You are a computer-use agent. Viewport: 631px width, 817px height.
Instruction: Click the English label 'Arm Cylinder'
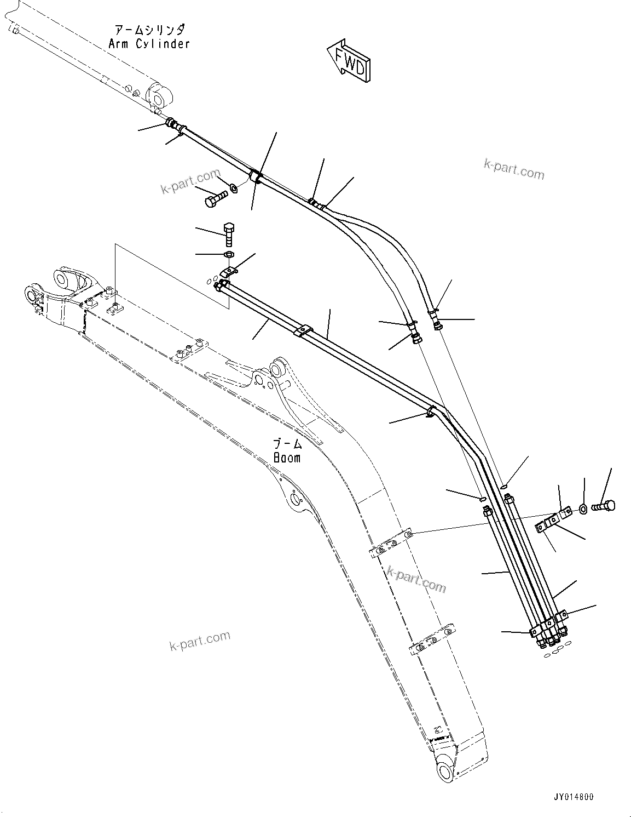point(149,44)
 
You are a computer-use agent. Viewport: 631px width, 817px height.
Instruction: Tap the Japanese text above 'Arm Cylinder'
point(149,30)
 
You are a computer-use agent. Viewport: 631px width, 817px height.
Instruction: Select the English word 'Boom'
point(287,458)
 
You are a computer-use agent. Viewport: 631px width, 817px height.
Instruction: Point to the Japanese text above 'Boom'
point(287,443)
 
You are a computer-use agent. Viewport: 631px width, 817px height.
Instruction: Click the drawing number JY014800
point(572,797)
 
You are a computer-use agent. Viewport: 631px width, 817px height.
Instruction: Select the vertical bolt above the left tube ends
point(229,233)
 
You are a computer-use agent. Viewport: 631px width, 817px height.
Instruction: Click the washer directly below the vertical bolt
point(229,254)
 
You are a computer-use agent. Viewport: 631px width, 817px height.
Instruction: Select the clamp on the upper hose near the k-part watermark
point(255,176)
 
